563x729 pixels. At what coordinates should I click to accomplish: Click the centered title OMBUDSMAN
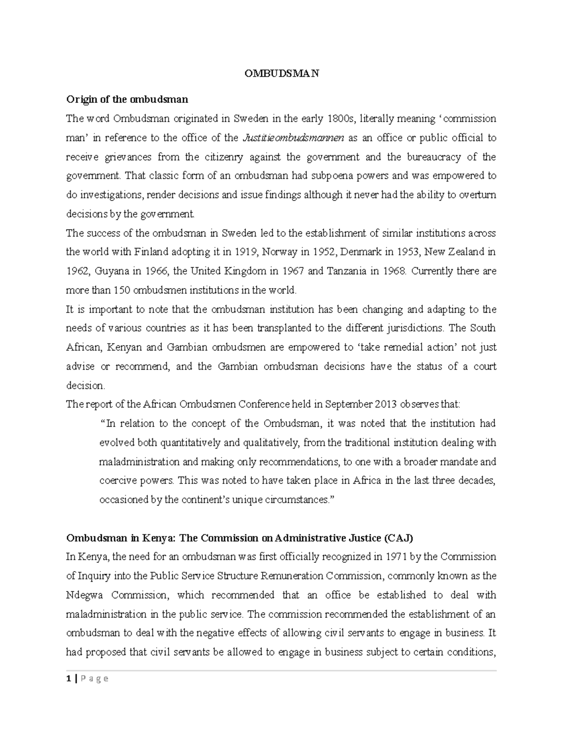281,74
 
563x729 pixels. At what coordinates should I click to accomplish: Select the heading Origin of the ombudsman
127,100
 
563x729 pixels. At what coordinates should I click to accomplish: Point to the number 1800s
339,119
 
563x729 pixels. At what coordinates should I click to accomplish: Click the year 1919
246,252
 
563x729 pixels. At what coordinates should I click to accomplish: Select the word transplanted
275,329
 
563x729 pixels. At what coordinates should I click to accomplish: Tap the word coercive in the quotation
116,481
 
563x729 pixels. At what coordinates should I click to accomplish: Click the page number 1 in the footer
68,678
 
